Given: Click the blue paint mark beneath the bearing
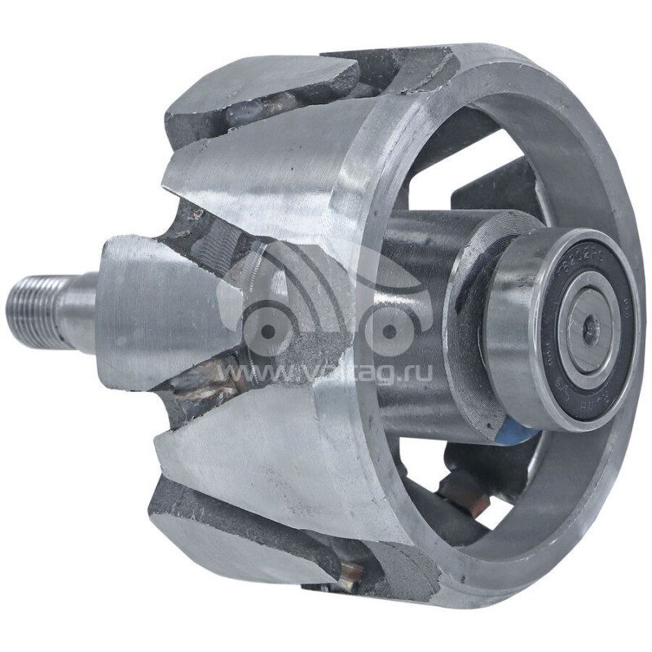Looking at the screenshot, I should coord(513,432).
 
